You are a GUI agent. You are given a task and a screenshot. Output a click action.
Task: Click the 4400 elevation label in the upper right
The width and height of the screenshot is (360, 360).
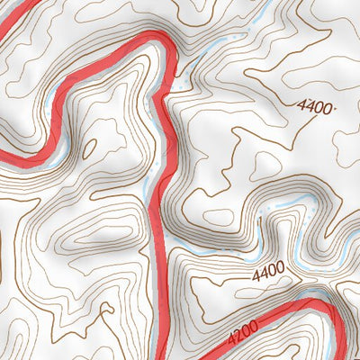[x=314, y=106]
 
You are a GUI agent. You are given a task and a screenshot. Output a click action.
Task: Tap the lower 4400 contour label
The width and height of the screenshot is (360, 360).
[x=268, y=268]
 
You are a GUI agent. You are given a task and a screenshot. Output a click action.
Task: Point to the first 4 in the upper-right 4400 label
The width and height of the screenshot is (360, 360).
[x=301, y=104]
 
